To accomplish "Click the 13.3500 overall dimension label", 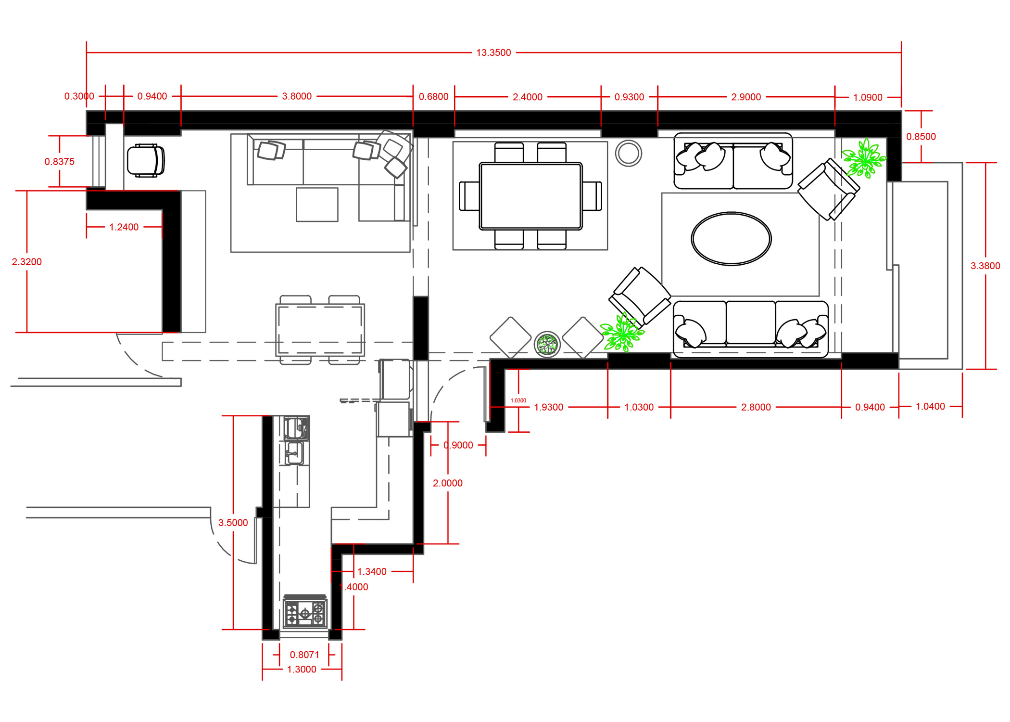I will [x=493, y=52].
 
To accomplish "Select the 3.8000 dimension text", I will [x=297, y=96].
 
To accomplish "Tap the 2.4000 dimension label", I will [x=527, y=97].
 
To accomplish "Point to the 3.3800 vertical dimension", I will [x=985, y=266].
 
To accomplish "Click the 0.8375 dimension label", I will [x=60, y=162].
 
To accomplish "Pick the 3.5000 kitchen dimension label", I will [x=233, y=523].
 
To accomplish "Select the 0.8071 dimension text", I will [x=304, y=655].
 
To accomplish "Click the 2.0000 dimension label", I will [x=447, y=483].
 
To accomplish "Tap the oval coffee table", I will [x=731, y=239].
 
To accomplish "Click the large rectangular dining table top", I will [x=530, y=196].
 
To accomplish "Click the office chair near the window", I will [x=145, y=161].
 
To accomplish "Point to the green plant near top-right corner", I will [x=864, y=158].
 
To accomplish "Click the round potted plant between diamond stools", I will [x=547, y=344].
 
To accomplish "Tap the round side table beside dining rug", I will [x=628, y=154].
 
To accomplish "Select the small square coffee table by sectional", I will [x=317, y=205].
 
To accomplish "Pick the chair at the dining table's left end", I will [x=469, y=196].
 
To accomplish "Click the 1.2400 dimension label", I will [x=124, y=227].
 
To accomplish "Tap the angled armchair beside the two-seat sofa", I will [x=828, y=190].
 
